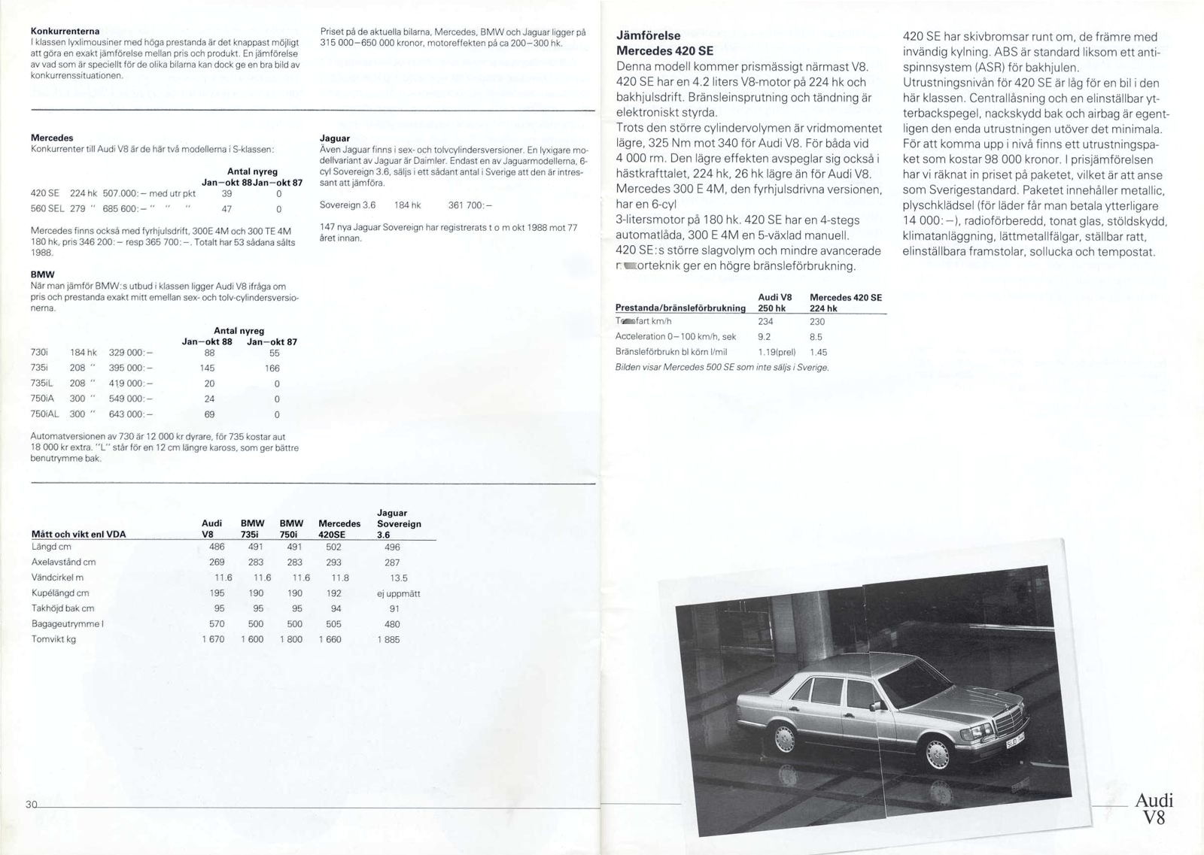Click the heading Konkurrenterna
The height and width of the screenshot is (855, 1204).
pyautogui.click(x=65, y=31)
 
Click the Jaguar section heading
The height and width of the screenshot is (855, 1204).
pyautogui.click(x=334, y=138)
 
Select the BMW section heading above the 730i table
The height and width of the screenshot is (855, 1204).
pyautogui.click(x=42, y=274)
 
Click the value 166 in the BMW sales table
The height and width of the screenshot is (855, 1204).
pyautogui.click(x=272, y=368)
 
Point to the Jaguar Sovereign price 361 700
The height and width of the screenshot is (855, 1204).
pyautogui.click(x=470, y=205)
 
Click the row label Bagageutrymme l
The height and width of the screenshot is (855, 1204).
pyautogui.click(x=68, y=623)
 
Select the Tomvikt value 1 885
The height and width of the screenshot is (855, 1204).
pyautogui.click(x=388, y=639)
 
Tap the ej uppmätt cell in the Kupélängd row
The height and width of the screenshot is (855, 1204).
pyautogui.click(x=398, y=593)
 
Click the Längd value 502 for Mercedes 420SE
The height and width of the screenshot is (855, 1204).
pyautogui.click(x=333, y=547)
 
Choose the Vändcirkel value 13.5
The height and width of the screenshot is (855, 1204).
pyautogui.click(x=398, y=578)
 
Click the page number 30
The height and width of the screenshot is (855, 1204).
pyautogui.click(x=30, y=805)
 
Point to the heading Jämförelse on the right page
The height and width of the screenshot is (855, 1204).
pyautogui.click(x=648, y=35)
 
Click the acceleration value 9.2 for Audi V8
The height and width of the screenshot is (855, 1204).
pyautogui.click(x=764, y=337)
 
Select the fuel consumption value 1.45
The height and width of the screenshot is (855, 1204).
pyautogui.click(x=818, y=352)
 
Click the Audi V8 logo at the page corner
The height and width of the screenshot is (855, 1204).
pyautogui.click(x=1153, y=808)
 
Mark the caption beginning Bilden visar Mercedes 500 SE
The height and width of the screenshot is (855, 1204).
pyautogui.click(x=722, y=368)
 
